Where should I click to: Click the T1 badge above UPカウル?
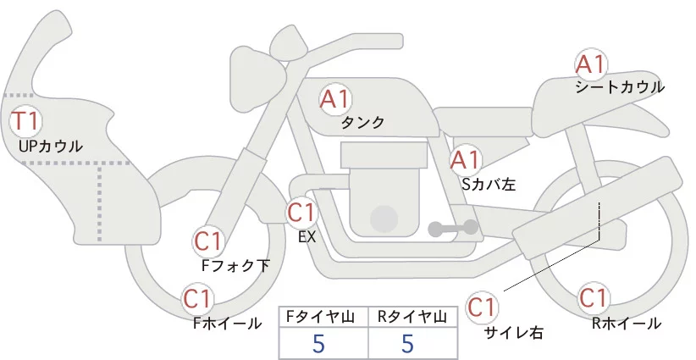(25, 120)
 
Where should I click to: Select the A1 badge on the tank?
(335, 99)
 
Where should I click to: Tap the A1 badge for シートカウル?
(590, 64)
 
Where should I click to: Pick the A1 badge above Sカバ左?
(465, 159)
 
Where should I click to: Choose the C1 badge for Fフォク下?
(208, 241)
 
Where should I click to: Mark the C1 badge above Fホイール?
(197, 299)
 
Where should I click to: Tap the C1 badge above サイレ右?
(483, 306)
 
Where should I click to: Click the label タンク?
(363, 122)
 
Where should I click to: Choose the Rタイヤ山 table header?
(412, 316)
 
